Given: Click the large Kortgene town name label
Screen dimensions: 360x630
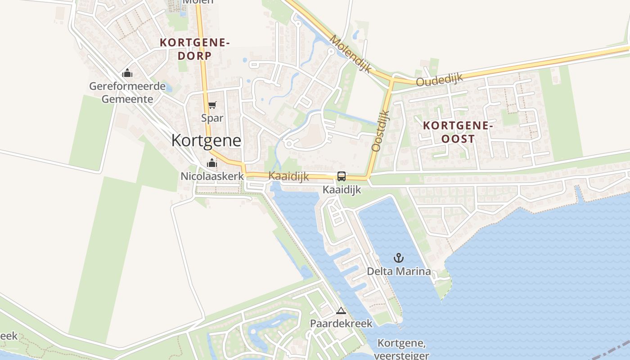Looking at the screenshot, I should (x=206, y=140).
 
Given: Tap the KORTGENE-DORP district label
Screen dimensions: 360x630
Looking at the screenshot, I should (x=195, y=49).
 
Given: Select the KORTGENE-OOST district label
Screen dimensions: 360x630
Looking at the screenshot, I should (x=458, y=132).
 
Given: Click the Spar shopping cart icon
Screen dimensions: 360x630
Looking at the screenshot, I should (x=212, y=105).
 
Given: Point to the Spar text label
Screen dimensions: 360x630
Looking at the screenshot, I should (x=212, y=118).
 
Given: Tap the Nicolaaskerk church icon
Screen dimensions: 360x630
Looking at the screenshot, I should (x=211, y=163).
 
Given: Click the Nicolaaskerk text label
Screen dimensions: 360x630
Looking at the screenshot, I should (x=212, y=176).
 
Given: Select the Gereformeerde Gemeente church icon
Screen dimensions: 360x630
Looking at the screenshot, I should (x=127, y=73).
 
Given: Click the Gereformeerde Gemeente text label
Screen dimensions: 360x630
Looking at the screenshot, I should (x=127, y=92).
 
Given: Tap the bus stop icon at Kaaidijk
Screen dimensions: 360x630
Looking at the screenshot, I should (x=342, y=176).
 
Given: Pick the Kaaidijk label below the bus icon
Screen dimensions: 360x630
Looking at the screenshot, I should (x=342, y=190).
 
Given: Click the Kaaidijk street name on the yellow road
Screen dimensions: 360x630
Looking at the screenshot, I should (x=288, y=176).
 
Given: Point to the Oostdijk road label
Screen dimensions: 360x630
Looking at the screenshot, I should (x=380, y=130).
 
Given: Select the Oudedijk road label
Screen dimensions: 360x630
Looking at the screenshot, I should (x=439, y=80).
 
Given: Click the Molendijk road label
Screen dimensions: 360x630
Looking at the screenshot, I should (x=351, y=54).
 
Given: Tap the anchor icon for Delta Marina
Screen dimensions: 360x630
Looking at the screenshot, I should (x=399, y=258).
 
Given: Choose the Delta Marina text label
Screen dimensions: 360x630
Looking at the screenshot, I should (x=399, y=271).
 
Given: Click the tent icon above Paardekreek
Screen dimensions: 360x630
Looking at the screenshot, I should (x=341, y=310).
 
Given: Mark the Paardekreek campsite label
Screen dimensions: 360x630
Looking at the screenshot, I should (x=341, y=324).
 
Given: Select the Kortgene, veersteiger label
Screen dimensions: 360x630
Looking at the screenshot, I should (x=401, y=349).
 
